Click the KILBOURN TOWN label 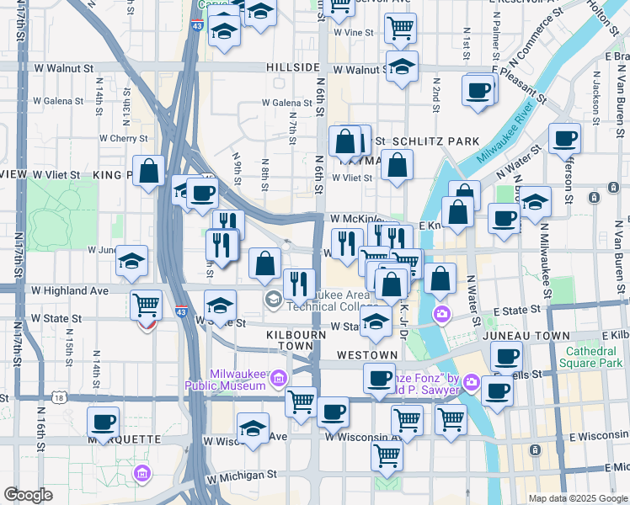click(272, 340)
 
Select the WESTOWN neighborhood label click(366, 356)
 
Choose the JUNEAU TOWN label click(528, 335)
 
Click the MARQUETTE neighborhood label click(118, 439)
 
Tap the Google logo click(28, 495)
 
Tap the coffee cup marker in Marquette click(103, 422)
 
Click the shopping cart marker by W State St click(147, 304)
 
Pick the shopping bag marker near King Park click(149, 172)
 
